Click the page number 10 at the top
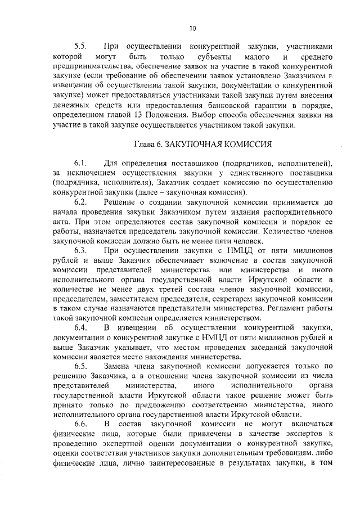192,28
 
